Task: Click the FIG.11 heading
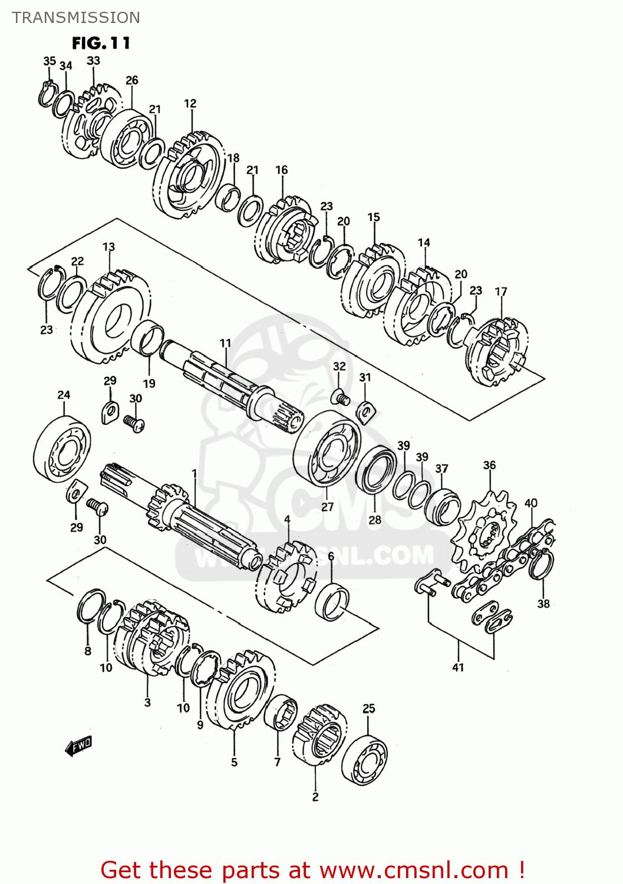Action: (x=101, y=43)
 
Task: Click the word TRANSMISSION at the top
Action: (x=76, y=18)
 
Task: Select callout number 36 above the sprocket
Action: (x=489, y=465)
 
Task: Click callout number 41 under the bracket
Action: (x=458, y=667)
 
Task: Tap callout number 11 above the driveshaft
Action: (x=225, y=343)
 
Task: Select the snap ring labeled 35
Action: (x=47, y=94)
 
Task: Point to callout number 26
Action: (x=132, y=80)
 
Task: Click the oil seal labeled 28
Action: (x=376, y=471)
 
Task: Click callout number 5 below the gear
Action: (x=234, y=762)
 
